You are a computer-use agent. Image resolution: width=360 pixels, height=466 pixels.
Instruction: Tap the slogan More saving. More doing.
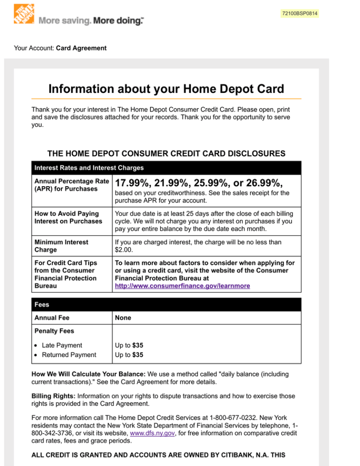(x=91, y=21)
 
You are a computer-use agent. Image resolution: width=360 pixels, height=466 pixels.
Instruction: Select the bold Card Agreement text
(x=81, y=48)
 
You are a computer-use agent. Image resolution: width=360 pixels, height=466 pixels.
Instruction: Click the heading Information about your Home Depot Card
(x=166, y=89)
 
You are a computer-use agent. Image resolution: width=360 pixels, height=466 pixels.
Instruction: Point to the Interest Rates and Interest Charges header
(x=89, y=167)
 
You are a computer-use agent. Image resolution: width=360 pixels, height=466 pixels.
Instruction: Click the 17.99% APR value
(x=133, y=183)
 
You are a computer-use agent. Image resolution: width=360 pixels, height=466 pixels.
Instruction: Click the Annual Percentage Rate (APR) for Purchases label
(x=72, y=185)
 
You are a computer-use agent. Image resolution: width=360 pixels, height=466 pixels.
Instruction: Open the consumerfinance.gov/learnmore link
(x=182, y=286)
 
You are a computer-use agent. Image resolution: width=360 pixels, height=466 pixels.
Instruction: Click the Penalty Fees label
(x=54, y=331)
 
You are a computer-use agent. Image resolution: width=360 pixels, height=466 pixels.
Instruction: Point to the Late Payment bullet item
(x=61, y=345)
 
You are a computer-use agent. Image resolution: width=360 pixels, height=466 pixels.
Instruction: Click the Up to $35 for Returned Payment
(x=129, y=355)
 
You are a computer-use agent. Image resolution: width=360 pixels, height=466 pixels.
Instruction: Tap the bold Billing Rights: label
(x=55, y=396)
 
